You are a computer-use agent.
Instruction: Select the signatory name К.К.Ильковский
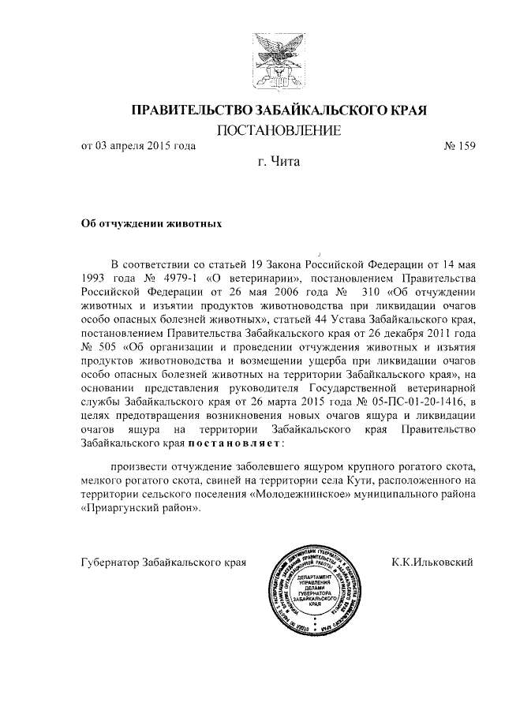(x=432, y=562)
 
